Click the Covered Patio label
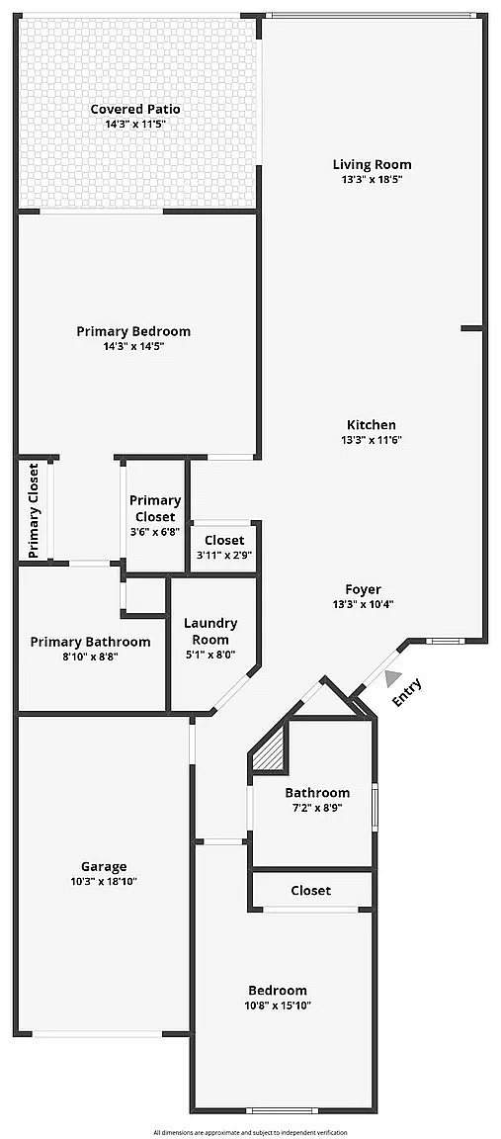[x=135, y=109]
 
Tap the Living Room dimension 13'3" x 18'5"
[x=372, y=179]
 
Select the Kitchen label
[x=371, y=425]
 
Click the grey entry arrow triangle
[x=393, y=678]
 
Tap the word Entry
[x=406, y=692]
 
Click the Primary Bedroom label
[x=133, y=331]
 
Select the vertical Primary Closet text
[x=34, y=510]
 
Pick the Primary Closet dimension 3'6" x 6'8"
[x=155, y=532]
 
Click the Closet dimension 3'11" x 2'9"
[x=224, y=555]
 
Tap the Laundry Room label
[x=210, y=631]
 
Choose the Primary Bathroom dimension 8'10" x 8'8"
[x=91, y=656]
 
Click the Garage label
[x=104, y=866]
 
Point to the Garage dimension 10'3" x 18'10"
[x=104, y=881]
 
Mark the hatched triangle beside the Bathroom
[x=270, y=749]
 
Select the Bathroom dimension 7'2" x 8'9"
[x=317, y=807]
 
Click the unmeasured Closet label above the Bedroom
[x=310, y=890]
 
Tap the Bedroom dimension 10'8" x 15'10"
[x=278, y=1006]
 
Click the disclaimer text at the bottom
[x=250, y=1132]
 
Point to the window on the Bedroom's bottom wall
[x=283, y=1110]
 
